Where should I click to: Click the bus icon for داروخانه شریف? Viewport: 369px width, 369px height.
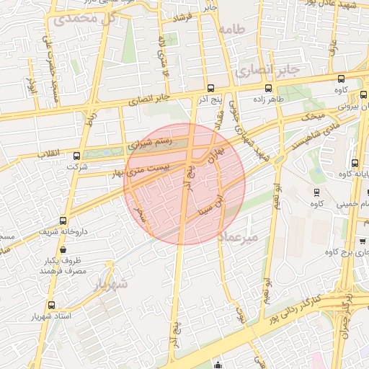coord(64,221)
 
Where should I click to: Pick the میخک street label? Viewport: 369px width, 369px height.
coord(313,117)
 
